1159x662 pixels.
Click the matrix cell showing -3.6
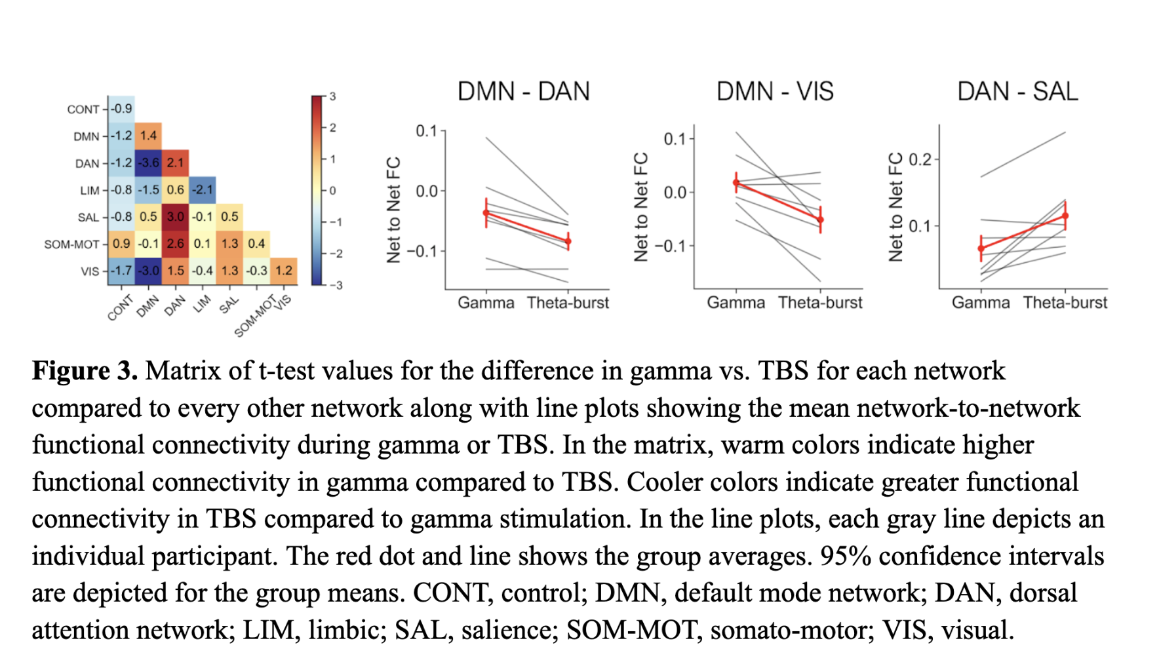[x=148, y=163]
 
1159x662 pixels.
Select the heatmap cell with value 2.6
[x=175, y=244]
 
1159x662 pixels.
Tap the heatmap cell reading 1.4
[x=148, y=136]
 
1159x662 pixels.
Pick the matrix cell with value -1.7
[x=121, y=271]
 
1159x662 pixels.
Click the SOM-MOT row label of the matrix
[x=71, y=244]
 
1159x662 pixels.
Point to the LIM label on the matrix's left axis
[x=89, y=191]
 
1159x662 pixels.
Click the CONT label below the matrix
[x=120, y=307]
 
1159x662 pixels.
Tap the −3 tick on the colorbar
[x=336, y=285]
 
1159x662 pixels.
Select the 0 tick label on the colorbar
[x=332, y=191]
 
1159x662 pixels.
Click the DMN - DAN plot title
[x=523, y=92]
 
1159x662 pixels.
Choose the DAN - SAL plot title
[x=1017, y=92]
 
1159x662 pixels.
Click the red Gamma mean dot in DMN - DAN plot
[x=486, y=212]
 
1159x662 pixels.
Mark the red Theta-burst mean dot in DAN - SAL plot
[x=1065, y=216]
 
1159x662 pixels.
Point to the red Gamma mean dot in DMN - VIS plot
[x=736, y=183]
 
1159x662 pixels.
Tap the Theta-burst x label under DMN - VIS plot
[x=820, y=303]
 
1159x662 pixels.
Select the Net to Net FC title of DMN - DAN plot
[x=393, y=210]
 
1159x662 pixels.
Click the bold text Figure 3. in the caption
[x=85, y=371]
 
